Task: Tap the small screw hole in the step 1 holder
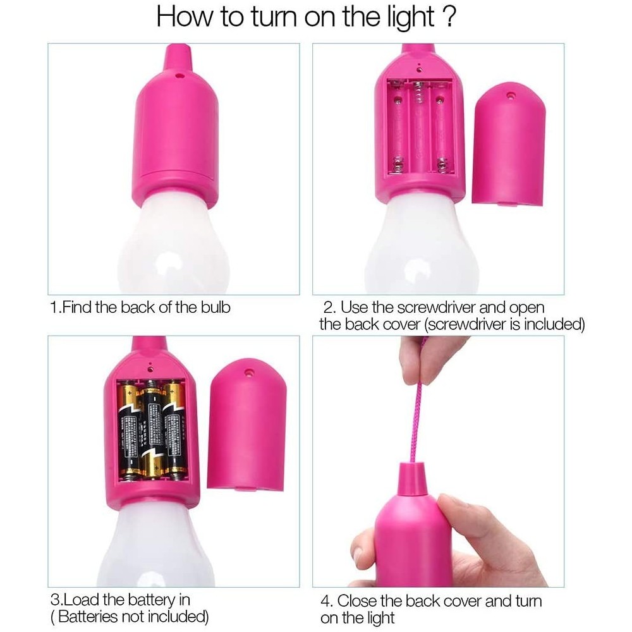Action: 179,74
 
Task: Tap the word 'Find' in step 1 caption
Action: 80,308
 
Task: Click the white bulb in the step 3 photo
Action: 152,544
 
